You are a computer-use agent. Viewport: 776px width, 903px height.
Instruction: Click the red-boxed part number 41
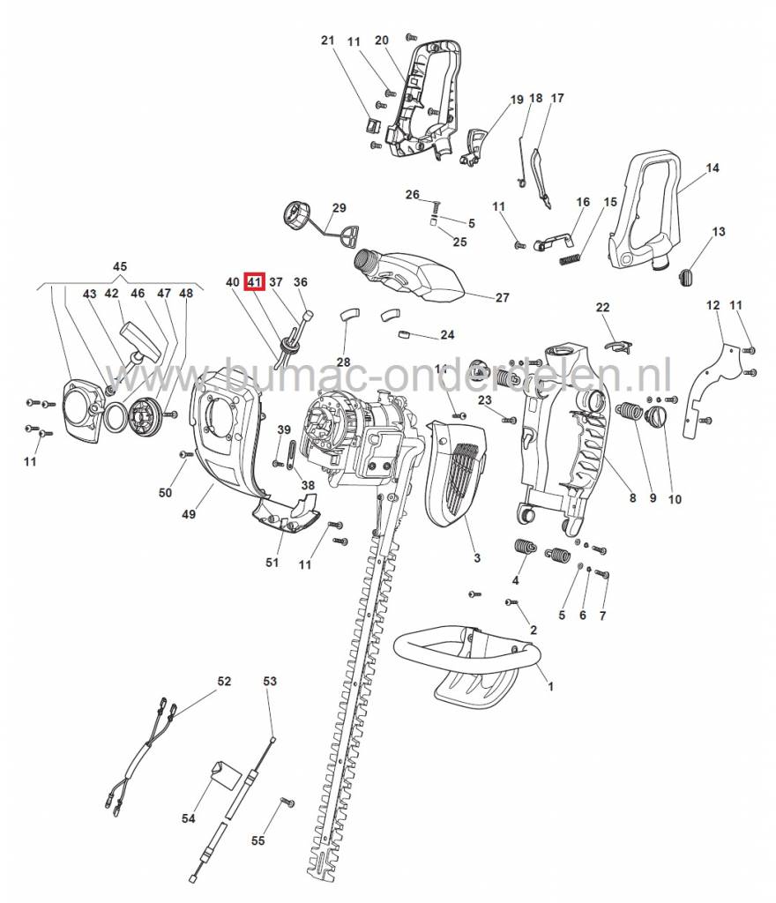pyautogui.click(x=254, y=282)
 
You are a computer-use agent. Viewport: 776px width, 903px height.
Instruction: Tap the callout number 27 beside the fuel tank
pyautogui.click(x=501, y=298)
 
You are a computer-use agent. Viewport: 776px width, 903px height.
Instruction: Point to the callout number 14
pyautogui.click(x=713, y=168)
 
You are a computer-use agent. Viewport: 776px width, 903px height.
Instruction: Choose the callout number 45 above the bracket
pyautogui.click(x=120, y=266)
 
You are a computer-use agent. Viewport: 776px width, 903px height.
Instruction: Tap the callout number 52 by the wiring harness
pyautogui.click(x=224, y=682)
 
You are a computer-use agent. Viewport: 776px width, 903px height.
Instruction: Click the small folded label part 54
pyautogui.click(x=224, y=773)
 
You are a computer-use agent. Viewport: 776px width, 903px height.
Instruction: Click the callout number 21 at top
pyautogui.click(x=328, y=41)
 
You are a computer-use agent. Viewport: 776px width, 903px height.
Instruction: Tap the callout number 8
pyautogui.click(x=632, y=499)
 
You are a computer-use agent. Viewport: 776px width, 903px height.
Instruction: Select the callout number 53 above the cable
pyautogui.click(x=270, y=682)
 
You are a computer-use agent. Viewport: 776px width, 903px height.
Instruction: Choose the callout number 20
pyautogui.click(x=381, y=41)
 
